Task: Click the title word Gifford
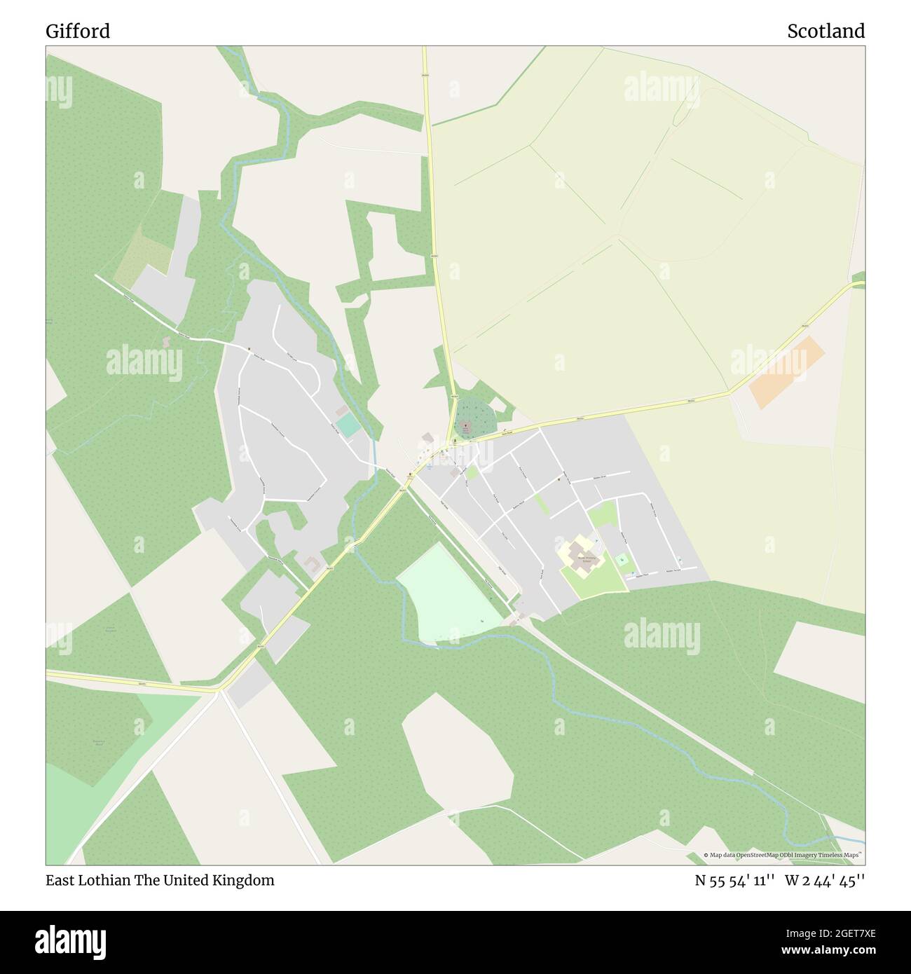pos(78,32)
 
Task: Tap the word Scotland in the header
pos(826,32)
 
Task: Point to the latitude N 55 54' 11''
pos(734,880)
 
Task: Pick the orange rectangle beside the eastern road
pos(787,372)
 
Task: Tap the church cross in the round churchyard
pos(466,425)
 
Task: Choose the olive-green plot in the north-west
pos(144,256)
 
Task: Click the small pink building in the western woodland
pos(166,342)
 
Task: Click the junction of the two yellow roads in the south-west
pos(219,691)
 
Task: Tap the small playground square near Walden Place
pos(622,560)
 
